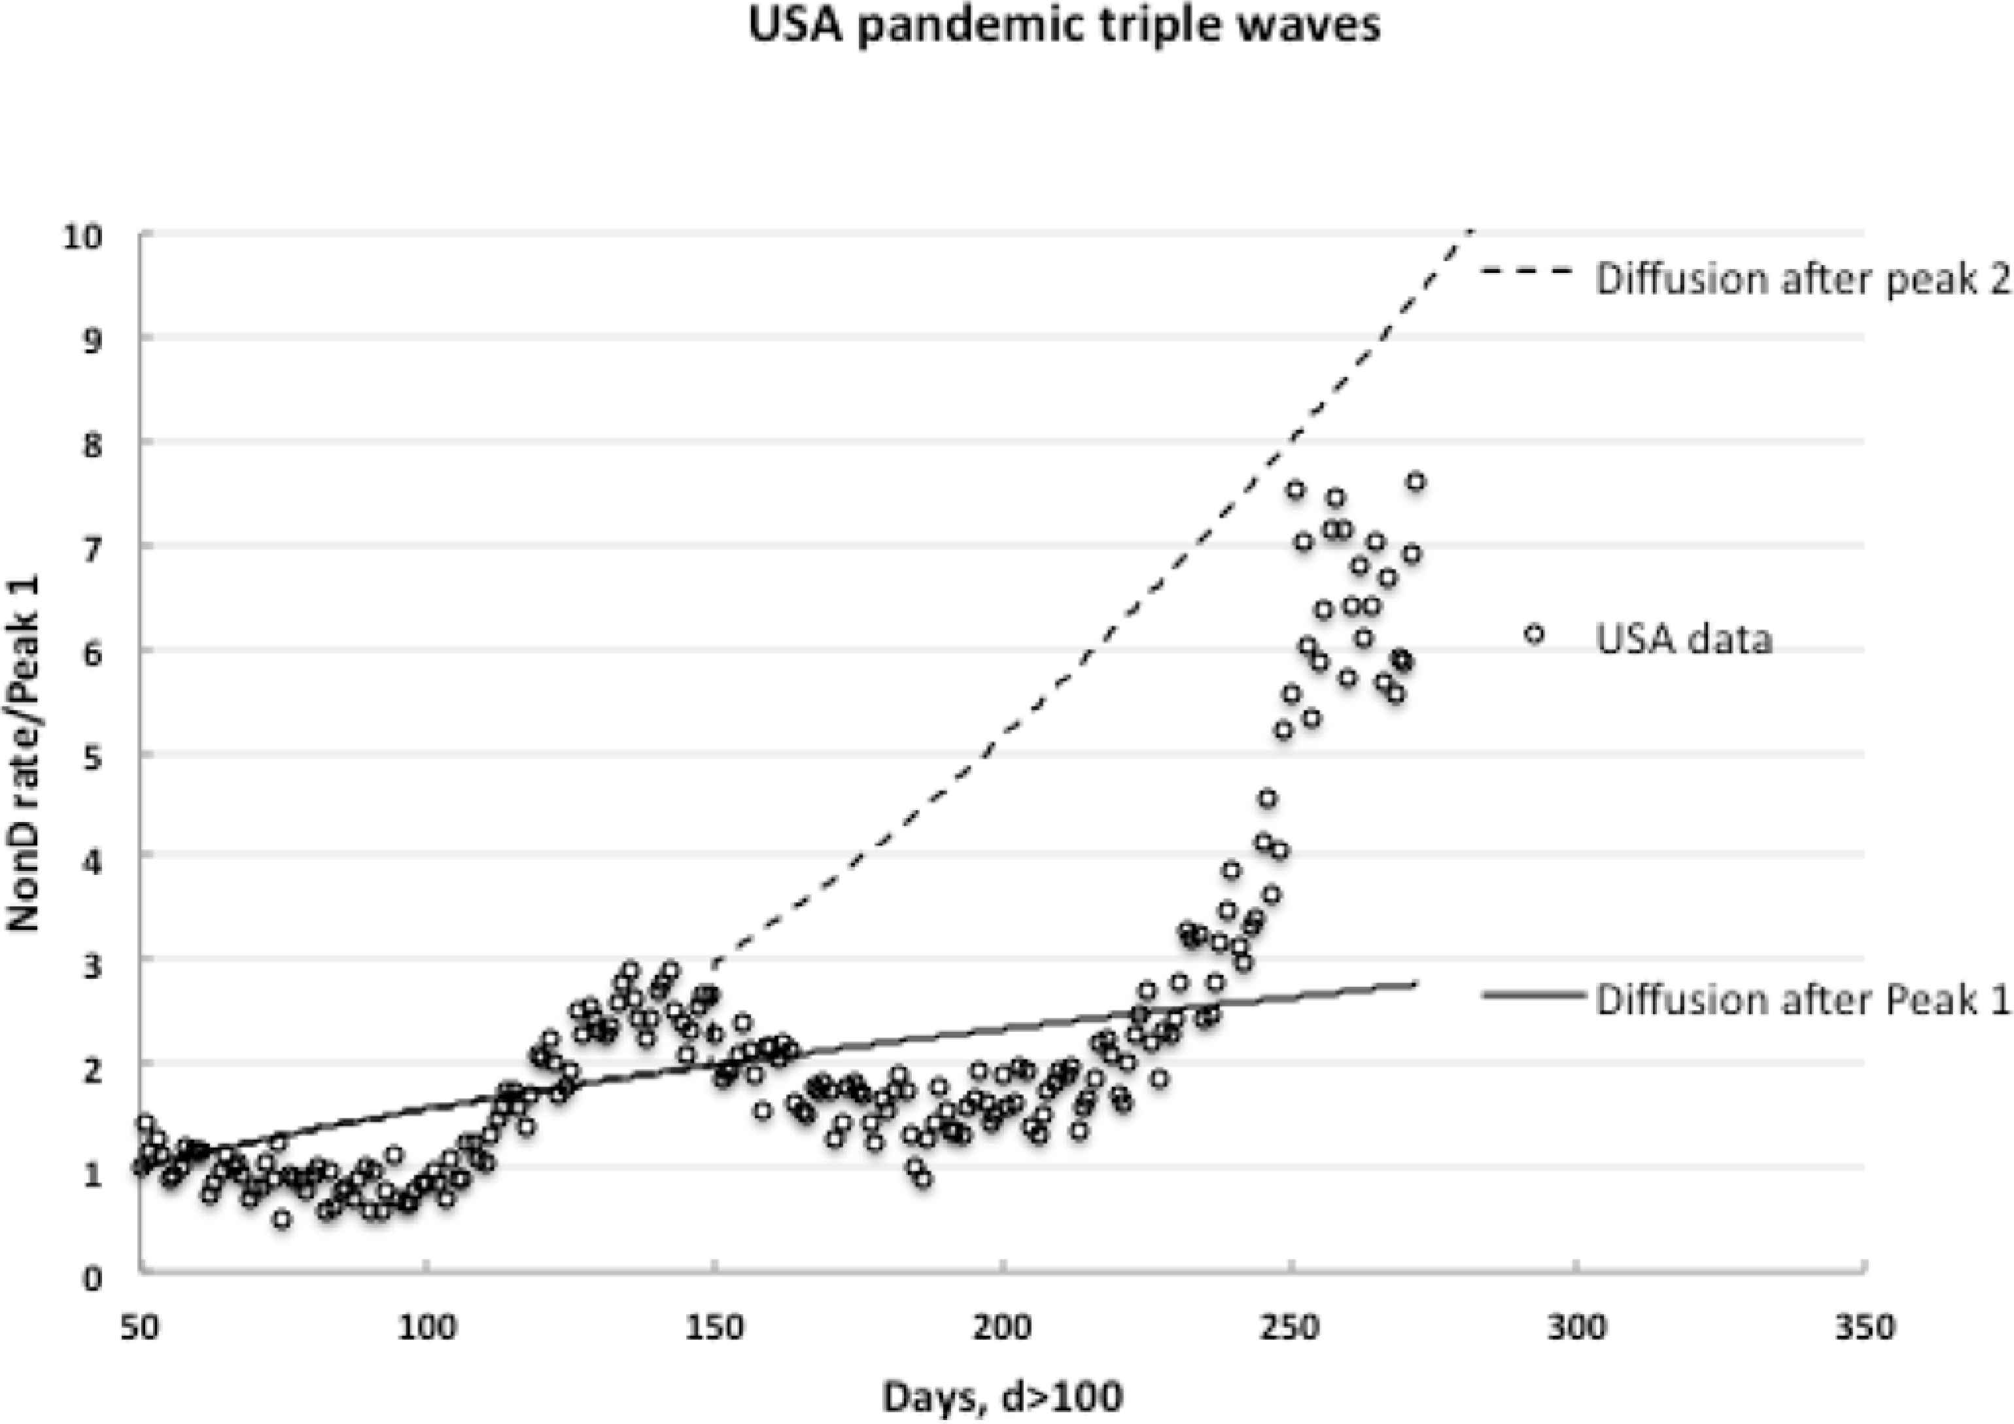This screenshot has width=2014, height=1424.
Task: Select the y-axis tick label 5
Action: click(x=92, y=757)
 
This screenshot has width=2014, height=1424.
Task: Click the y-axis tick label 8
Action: click(x=92, y=445)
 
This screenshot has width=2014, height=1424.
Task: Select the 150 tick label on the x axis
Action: click(x=716, y=1328)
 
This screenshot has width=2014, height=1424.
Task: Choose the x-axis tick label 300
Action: click(x=1579, y=1328)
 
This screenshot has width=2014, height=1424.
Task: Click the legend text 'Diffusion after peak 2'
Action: click(x=1803, y=279)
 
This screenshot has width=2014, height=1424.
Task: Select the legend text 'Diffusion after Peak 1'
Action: click(x=1803, y=999)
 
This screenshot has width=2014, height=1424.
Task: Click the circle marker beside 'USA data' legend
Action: click(x=1533, y=633)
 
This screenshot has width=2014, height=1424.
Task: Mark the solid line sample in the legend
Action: click(x=1533, y=995)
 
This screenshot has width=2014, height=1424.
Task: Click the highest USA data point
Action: click(x=1415, y=482)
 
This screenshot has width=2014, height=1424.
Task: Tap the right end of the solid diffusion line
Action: click(x=1415, y=984)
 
